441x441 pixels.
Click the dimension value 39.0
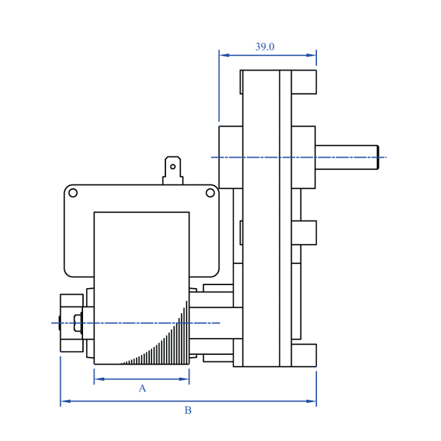click(x=265, y=47)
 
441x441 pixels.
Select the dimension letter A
click(x=143, y=388)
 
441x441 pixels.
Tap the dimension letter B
click(x=187, y=410)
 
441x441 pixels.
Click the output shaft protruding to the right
click(x=345, y=157)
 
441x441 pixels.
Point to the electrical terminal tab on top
click(x=173, y=170)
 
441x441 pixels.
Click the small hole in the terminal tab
click(x=173, y=167)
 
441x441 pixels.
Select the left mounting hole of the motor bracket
click(x=73, y=193)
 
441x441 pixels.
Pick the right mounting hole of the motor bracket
click(x=210, y=193)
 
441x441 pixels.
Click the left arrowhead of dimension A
click(x=98, y=379)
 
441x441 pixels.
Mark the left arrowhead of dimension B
click(x=65, y=401)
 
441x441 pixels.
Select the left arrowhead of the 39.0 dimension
click(x=223, y=54)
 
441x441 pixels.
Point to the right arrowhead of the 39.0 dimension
click(x=312, y=54)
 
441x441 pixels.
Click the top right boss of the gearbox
click(x=304, y=82)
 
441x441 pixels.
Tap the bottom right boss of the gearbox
click(x=304, y=355)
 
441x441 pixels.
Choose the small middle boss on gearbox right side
click(x=304, y=232)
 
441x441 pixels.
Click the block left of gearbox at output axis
click(x=230, y=157)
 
